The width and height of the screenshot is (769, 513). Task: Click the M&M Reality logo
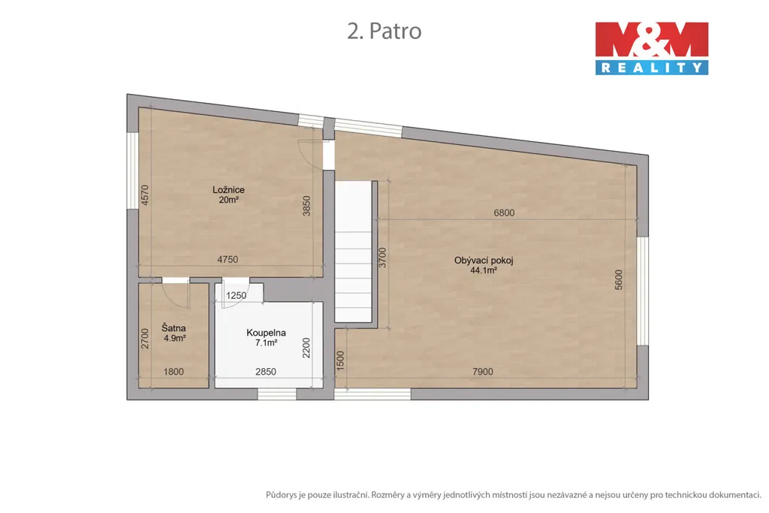652,48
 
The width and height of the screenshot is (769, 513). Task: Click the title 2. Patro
384,31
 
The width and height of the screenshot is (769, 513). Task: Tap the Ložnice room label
228,190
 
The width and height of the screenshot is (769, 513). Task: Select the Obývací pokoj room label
484,261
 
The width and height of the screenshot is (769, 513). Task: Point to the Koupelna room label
266,333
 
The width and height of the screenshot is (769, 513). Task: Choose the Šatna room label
173,328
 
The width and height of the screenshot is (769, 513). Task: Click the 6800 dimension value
504,213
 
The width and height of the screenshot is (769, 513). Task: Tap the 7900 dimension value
483,372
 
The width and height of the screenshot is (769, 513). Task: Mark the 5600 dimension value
619,279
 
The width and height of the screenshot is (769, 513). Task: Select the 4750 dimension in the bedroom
228,259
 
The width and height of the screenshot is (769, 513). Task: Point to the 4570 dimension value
144,195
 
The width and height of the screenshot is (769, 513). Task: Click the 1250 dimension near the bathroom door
236,296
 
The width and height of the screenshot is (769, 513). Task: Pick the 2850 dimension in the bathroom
266,372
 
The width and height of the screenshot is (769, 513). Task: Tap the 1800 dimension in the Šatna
173,372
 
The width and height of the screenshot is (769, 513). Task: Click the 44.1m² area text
484,270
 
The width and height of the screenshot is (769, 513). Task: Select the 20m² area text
228,200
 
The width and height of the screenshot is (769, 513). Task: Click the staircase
353,252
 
